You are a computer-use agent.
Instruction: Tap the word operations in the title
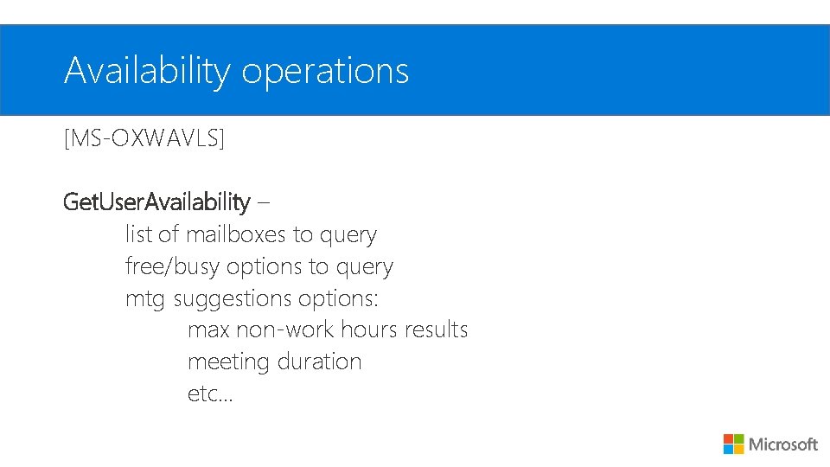(x=325, y=71)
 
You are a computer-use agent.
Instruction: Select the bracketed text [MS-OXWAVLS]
(x=144, y=138)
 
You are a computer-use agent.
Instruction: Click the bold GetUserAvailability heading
(x=156, y=202)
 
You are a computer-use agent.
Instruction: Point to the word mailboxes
(x=238, y=234)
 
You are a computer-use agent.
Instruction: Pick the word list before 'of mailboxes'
(x=138, y=234)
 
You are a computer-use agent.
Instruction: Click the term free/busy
(x=173, y=266)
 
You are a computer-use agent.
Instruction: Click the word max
(x=208, y=330)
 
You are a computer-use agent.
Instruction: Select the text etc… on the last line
(x=210, y=393)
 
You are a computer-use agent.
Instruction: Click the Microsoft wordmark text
(x=783, y=445)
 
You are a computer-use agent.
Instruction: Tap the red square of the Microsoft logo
(x=729, y=438)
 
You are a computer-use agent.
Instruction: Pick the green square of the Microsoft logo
(x=739, y=438)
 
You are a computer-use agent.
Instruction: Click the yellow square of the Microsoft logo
(x=739, y=449)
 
